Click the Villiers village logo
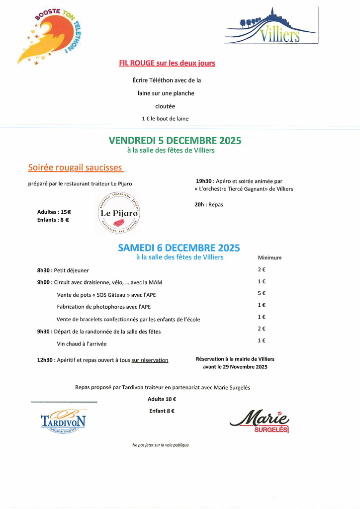[270, 26]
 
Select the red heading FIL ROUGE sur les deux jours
[167, 63]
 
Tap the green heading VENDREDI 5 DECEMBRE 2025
[175, 141]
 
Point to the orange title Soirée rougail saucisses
[76, 168]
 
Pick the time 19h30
[204, 181]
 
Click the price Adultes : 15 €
[54, 212]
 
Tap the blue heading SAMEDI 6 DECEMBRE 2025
[179, 248]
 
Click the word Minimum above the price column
[270, 257]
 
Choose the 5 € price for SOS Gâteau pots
[262, 293]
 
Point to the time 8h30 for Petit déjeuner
[44, 270]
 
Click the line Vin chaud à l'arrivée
[82, 343]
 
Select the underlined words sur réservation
[150, 360]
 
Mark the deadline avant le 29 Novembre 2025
[235, 367]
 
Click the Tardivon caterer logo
[63, 421]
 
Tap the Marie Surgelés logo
[260, 422]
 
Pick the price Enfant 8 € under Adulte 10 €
[162, 411]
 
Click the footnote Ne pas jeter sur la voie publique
[161, 445]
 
